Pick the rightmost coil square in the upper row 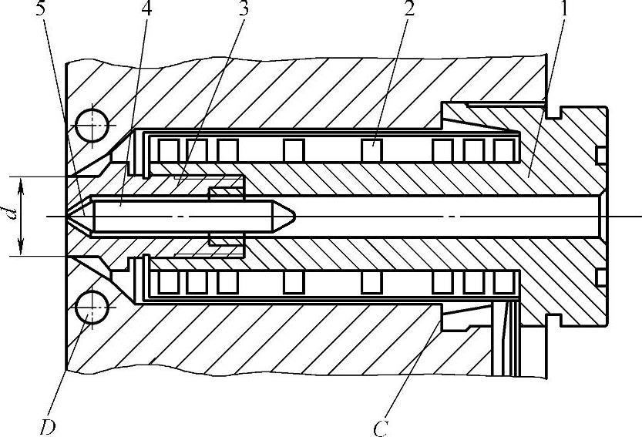click(x=505, y=147)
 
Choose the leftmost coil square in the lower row click(x=168, y=282)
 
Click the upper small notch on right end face click(x=600, y=156)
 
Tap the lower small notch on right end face click(x=600, y=277)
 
